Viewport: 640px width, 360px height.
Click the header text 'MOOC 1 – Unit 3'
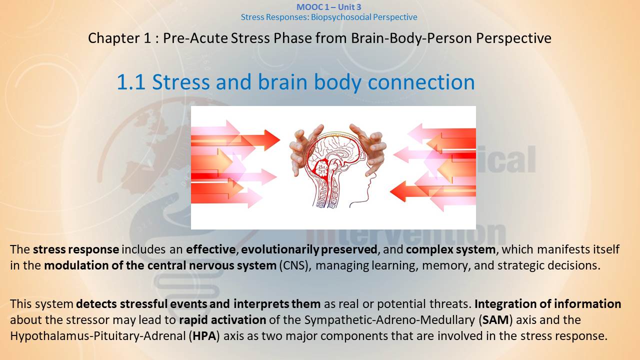pyautogui.click(x=329, y=7)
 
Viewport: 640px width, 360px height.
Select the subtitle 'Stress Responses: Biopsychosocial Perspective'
pyautogui.click(x=329, y=17)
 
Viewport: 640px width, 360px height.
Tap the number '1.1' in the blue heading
pyautogui.click(x=131, y=82)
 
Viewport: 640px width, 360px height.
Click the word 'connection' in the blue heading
pyautogui.click(x=421, y=82)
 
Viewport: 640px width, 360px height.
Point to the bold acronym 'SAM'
pyautogui.click(x=495, y=319)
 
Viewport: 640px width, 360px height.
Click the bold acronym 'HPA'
pyautogui.click(x=204, y=335)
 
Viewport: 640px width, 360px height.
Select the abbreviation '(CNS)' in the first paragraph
pyautogui.click(x=295, y=265)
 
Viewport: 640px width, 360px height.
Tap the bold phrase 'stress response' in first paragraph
pyautogui.click(x=76, y=249)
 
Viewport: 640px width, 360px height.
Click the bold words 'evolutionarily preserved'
pyautogui.click(x=309, y=249)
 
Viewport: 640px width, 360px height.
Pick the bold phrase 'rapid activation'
pyautogui.click(x=222, y=319)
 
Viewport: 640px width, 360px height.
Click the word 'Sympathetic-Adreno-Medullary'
pyautogui.click(x=389, y=319)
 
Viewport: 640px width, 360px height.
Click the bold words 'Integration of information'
pyautogui.click(x=547, y=303)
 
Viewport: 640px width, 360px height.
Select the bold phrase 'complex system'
pyautogui.click(x=450, y=249)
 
